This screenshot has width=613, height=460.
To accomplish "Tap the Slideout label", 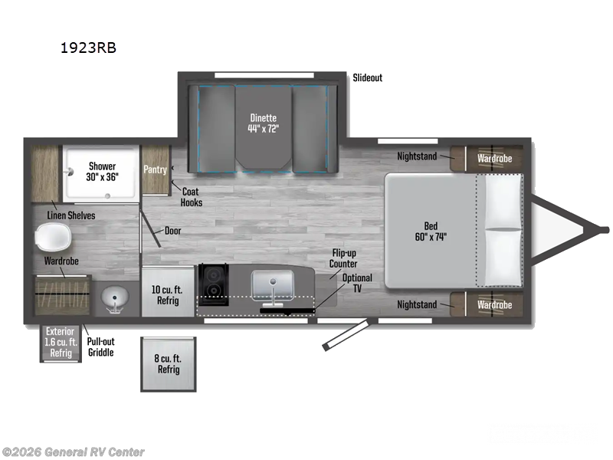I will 367,77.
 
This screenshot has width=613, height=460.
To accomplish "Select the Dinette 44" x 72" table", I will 264,123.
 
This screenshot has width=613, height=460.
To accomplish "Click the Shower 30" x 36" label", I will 102,171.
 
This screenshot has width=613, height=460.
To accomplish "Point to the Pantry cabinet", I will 156,169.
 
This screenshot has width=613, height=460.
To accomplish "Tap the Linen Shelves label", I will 71,215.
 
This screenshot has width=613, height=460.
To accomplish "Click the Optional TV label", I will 356,283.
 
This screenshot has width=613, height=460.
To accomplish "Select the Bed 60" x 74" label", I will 431,231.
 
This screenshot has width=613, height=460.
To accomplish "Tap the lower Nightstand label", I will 417,304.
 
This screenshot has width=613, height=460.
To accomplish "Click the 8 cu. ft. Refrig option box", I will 168,365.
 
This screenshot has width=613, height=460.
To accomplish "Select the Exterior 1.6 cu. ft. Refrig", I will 61,343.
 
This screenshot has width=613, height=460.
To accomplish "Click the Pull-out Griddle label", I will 100,347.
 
